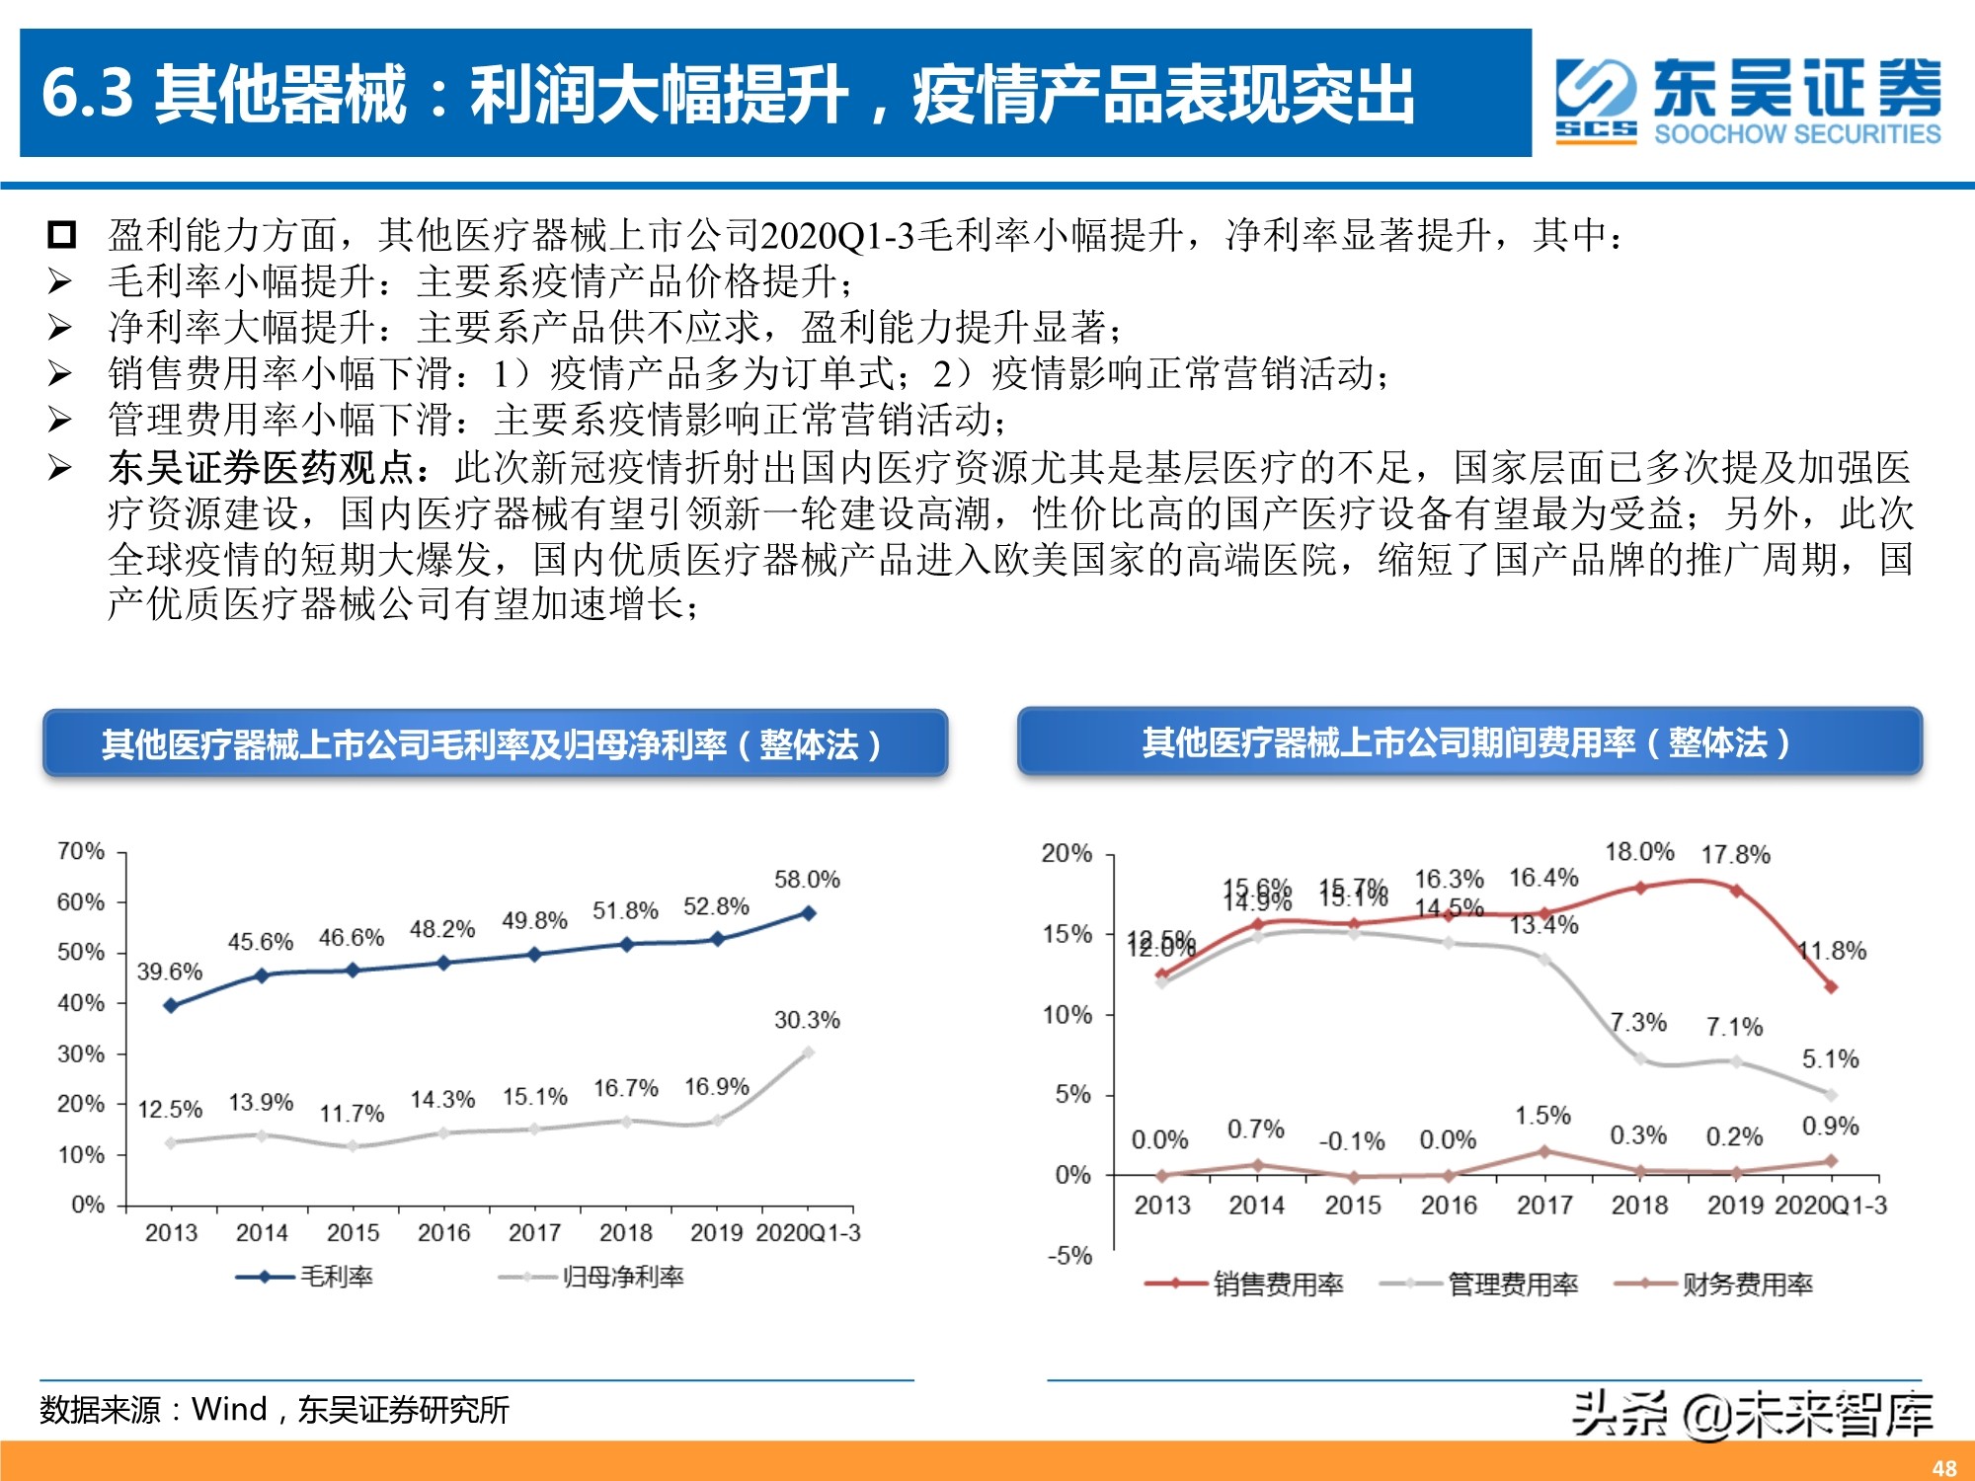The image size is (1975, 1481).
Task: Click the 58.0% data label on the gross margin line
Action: (x=807, y=879)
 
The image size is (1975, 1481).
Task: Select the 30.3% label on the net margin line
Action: (x=807, y=1020)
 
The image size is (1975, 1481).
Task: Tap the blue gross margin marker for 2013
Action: (x=171, y=1005)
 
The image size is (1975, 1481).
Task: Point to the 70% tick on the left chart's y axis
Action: (x=81, y=851)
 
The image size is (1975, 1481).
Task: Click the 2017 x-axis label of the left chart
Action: (x=534, y=1232)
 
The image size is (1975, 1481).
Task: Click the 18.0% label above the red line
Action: (x=1639, y=851)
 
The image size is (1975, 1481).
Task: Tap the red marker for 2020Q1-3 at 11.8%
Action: (x=1830, y=986)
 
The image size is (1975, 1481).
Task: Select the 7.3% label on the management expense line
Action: (x=1638, y=1022)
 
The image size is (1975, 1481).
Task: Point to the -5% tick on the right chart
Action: (x=1069, y=1256)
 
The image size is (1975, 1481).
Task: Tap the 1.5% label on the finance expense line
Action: (x=1542, y=1116)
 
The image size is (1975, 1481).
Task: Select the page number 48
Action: (x=1943, y=1467)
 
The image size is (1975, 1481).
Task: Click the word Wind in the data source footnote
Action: (x=229, y=1409)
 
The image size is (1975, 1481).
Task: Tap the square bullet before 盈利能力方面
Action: (x=61, y=235)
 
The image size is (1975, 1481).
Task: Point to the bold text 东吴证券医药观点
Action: (x=261, y=467)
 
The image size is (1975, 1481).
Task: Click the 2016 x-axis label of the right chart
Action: (x=1448, y=1205)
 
